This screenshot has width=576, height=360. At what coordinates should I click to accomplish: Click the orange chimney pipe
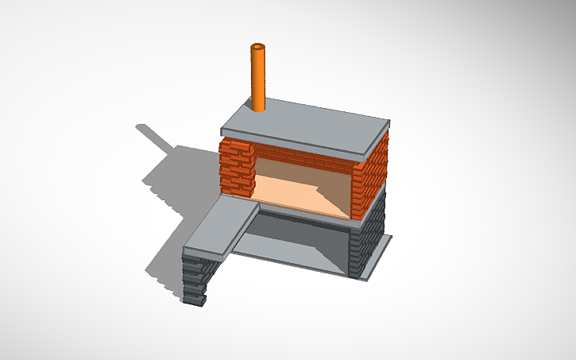point(259,79)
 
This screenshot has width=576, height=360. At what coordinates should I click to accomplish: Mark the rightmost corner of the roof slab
point(390,122)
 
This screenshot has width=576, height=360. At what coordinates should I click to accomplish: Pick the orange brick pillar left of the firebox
point(236,167)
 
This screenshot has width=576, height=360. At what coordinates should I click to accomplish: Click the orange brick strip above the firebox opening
point(302,156)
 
